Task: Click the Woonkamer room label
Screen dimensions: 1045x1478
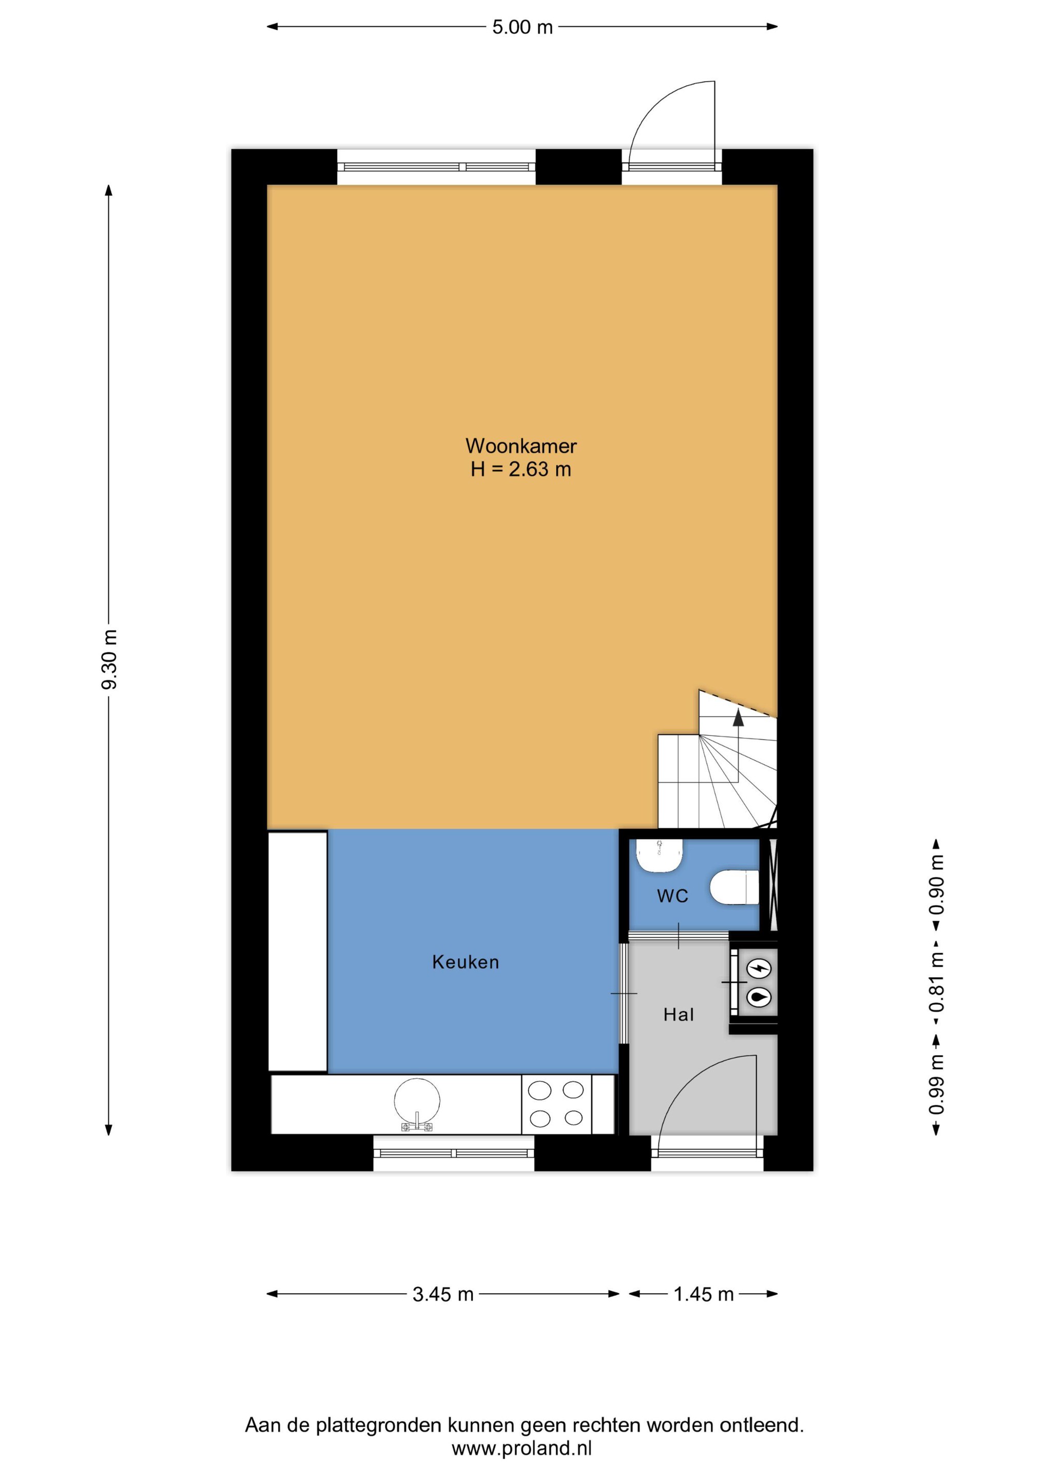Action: click(521, 445)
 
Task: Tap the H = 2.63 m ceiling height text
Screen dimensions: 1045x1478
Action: click(521, 469)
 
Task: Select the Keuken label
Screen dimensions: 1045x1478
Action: click(466, 962)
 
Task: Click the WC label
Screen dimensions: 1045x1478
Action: click(672, 896)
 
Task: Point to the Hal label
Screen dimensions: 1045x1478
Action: click(679, 1015)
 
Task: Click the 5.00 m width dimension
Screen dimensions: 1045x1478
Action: click(522, 27)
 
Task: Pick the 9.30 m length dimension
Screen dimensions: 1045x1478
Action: click(109, 660)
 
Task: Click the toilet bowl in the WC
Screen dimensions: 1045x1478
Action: click(734, 888)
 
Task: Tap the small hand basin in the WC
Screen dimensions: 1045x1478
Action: click(660, 855)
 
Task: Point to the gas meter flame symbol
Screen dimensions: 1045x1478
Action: click(761, 997)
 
